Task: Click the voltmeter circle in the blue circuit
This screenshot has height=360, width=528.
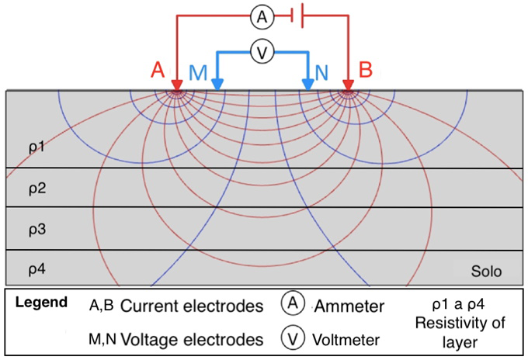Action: (263, 52)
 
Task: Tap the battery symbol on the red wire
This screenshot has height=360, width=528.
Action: (296, 15)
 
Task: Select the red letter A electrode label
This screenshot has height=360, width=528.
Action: (158, 71)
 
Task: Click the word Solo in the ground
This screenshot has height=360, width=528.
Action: (487, 272)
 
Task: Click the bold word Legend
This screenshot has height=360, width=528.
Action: (40, 302)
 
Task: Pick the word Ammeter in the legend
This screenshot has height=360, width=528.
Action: (349, 306)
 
